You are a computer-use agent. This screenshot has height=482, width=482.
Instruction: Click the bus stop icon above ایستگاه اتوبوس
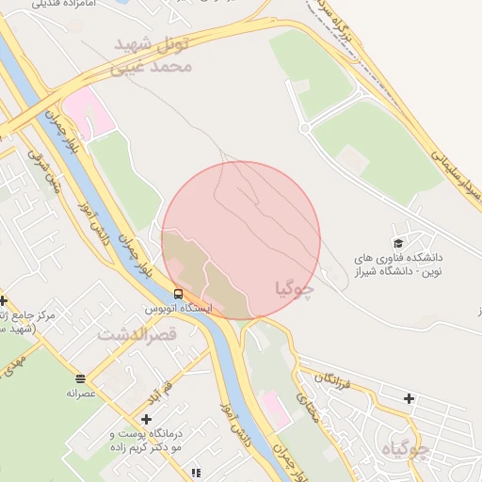point(178,295)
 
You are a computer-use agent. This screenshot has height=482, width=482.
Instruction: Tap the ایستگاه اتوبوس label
point(178,309)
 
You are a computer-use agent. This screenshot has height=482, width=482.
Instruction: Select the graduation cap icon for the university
point(398,242)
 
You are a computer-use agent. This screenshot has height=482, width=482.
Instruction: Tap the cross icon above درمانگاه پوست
point(145,419)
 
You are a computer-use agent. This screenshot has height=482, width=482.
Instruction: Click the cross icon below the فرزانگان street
point(408,398)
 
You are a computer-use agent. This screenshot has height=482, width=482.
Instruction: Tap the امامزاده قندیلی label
point(66,5)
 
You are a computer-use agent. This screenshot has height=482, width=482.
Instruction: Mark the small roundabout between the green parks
point(304,126)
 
